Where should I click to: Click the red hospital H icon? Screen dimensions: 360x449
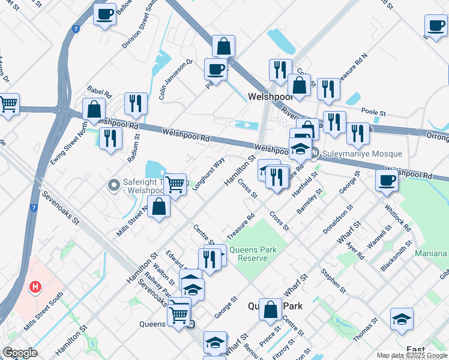(35, 287)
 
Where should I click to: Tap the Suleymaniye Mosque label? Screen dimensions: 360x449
(362, 154)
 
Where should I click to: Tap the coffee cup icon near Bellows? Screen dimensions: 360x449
(105, 14)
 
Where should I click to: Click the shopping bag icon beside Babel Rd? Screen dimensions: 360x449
(94, 110)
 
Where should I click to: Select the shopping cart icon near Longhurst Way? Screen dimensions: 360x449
(175, 184)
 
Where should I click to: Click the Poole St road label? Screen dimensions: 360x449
(373, 112)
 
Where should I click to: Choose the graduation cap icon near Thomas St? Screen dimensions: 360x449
(402, 319)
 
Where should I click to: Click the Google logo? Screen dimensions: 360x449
(20, 352)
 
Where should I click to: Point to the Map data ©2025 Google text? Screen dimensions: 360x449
(412, 355)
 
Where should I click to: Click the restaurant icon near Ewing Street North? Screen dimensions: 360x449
(110, 138)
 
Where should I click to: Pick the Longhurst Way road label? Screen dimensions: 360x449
(209, 173)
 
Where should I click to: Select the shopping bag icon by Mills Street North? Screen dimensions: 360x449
(158, 207)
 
